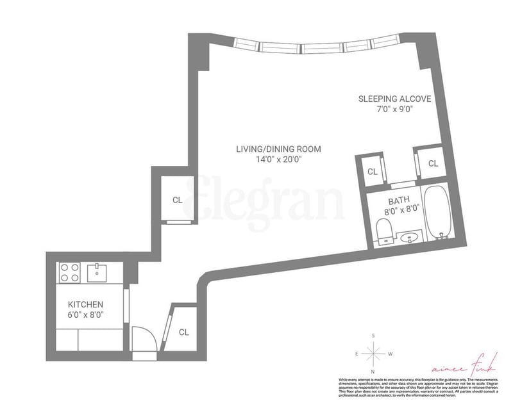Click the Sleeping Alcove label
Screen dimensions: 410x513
click(x=394, y=99)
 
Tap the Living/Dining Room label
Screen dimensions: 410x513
click(x=278, y=149)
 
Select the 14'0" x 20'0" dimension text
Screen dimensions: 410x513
click(x=278, y=160)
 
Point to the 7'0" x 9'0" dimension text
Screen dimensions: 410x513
click(x=394, y=109)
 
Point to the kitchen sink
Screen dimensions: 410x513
click(x=98, y=272)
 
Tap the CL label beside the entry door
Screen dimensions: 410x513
click(x=184, y=332)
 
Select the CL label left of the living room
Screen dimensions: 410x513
click(x=177, y=199)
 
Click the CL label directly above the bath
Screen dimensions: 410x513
click(x=372, y=171)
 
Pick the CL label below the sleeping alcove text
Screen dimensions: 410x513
click(x=433, y=163)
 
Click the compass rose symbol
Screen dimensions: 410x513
click(x=373, y=353)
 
